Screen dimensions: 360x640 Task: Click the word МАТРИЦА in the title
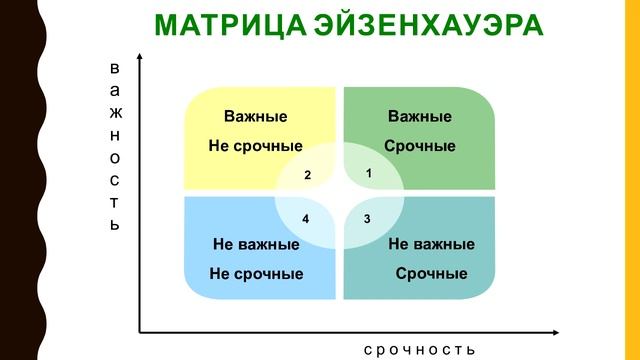[232, 24]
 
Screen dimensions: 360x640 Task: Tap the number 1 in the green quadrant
[370, 173]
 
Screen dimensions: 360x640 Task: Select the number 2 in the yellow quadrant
[308, 176]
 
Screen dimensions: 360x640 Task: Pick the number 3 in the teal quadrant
[367, 218]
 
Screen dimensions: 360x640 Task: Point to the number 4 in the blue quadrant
[306, 218]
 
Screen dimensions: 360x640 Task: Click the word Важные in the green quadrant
[420, 117]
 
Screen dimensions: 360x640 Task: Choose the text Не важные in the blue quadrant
[256, 244]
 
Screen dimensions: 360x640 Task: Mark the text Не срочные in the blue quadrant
[256, 273]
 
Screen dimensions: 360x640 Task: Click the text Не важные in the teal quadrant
[431, 244]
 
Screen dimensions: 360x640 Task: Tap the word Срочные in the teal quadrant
[431, 273]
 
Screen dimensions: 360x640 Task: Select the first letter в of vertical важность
[114, 69]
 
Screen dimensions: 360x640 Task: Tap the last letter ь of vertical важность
[114, 224]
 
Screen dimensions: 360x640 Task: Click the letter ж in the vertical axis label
[114, 113]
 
